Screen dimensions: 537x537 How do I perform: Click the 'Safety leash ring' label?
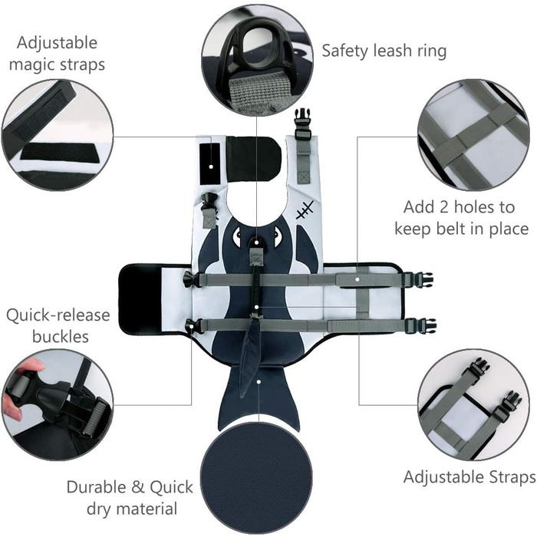point(384,51)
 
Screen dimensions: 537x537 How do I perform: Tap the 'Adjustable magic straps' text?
point(55,54)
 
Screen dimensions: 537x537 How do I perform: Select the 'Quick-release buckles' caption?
point(58,325)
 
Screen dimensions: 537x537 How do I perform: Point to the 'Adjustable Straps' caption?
point(469,476)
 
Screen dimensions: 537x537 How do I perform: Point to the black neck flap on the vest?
point(253,157)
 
